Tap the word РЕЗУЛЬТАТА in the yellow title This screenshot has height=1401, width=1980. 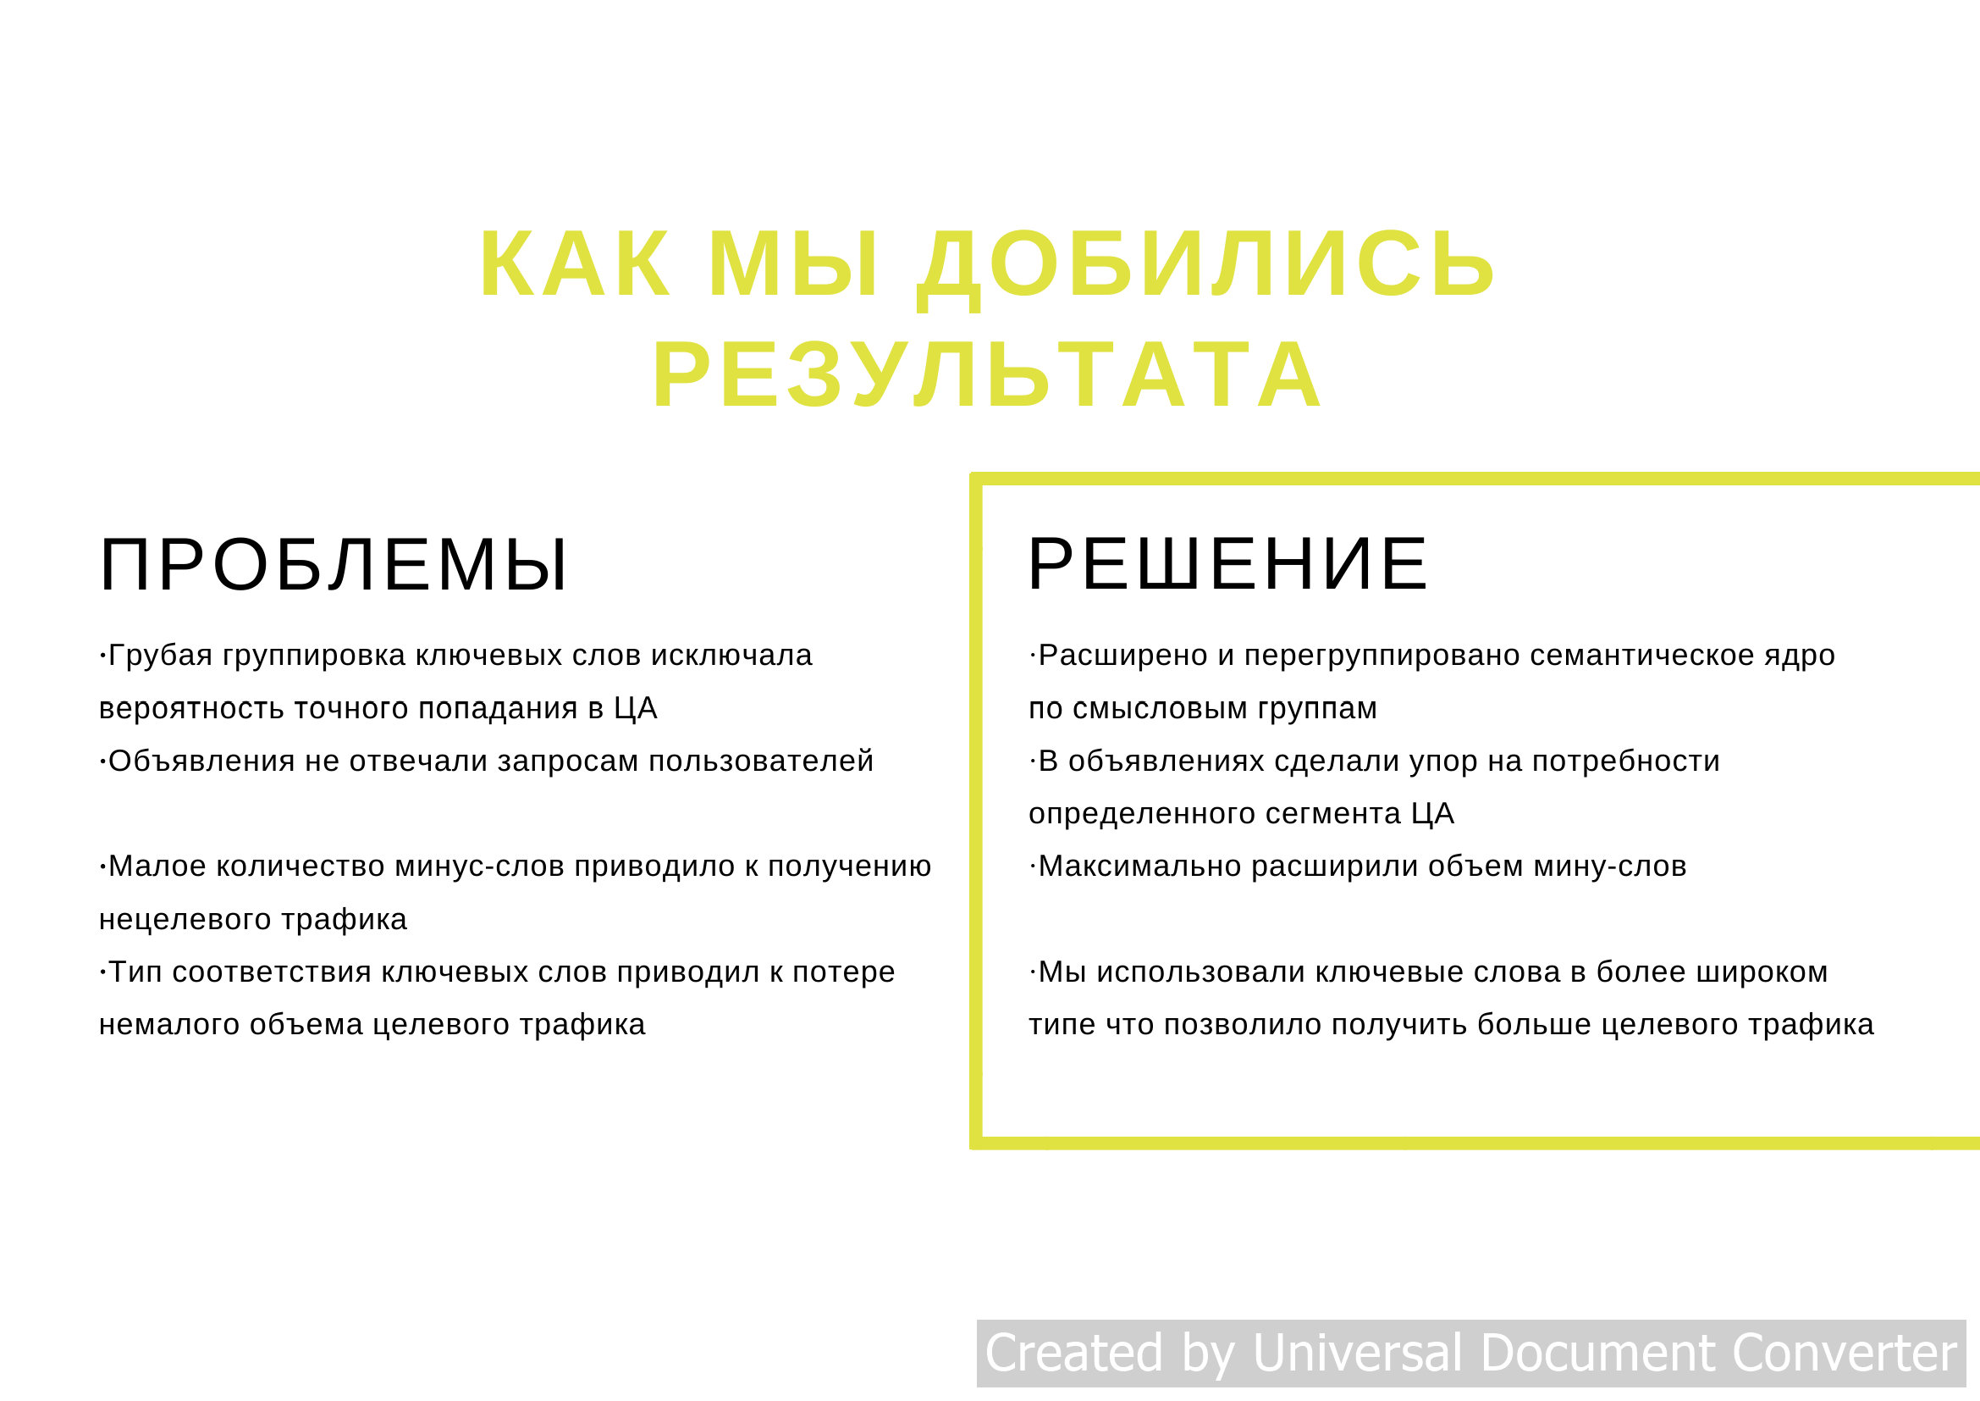986,375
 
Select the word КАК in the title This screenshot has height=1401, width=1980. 575,264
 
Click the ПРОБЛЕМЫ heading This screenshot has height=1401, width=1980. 333,566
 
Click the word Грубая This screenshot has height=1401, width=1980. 160,656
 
